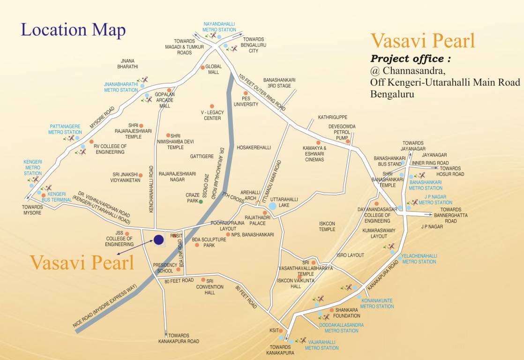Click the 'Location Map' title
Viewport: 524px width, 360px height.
coord(73,30)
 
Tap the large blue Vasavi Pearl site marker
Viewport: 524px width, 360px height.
coord(158,240)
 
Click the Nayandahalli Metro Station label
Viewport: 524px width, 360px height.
coord(219,27)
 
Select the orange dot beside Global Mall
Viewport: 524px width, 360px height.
coord(202,67)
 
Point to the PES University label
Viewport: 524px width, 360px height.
coord(249,101)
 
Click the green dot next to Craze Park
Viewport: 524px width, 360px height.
coord(201,202)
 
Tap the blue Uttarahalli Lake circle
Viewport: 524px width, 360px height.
coord(272,206)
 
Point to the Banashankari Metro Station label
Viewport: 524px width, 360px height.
coord(425,185)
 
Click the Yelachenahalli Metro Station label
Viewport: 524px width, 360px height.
coord(419,259)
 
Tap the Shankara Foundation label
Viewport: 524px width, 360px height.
coord(347,313)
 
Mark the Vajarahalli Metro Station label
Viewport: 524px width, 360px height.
coord(322,345)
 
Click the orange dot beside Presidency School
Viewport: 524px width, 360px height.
coord(178,270)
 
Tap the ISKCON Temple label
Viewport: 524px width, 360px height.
coord(327,226)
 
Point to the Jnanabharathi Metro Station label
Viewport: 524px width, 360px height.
coord(121,87)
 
